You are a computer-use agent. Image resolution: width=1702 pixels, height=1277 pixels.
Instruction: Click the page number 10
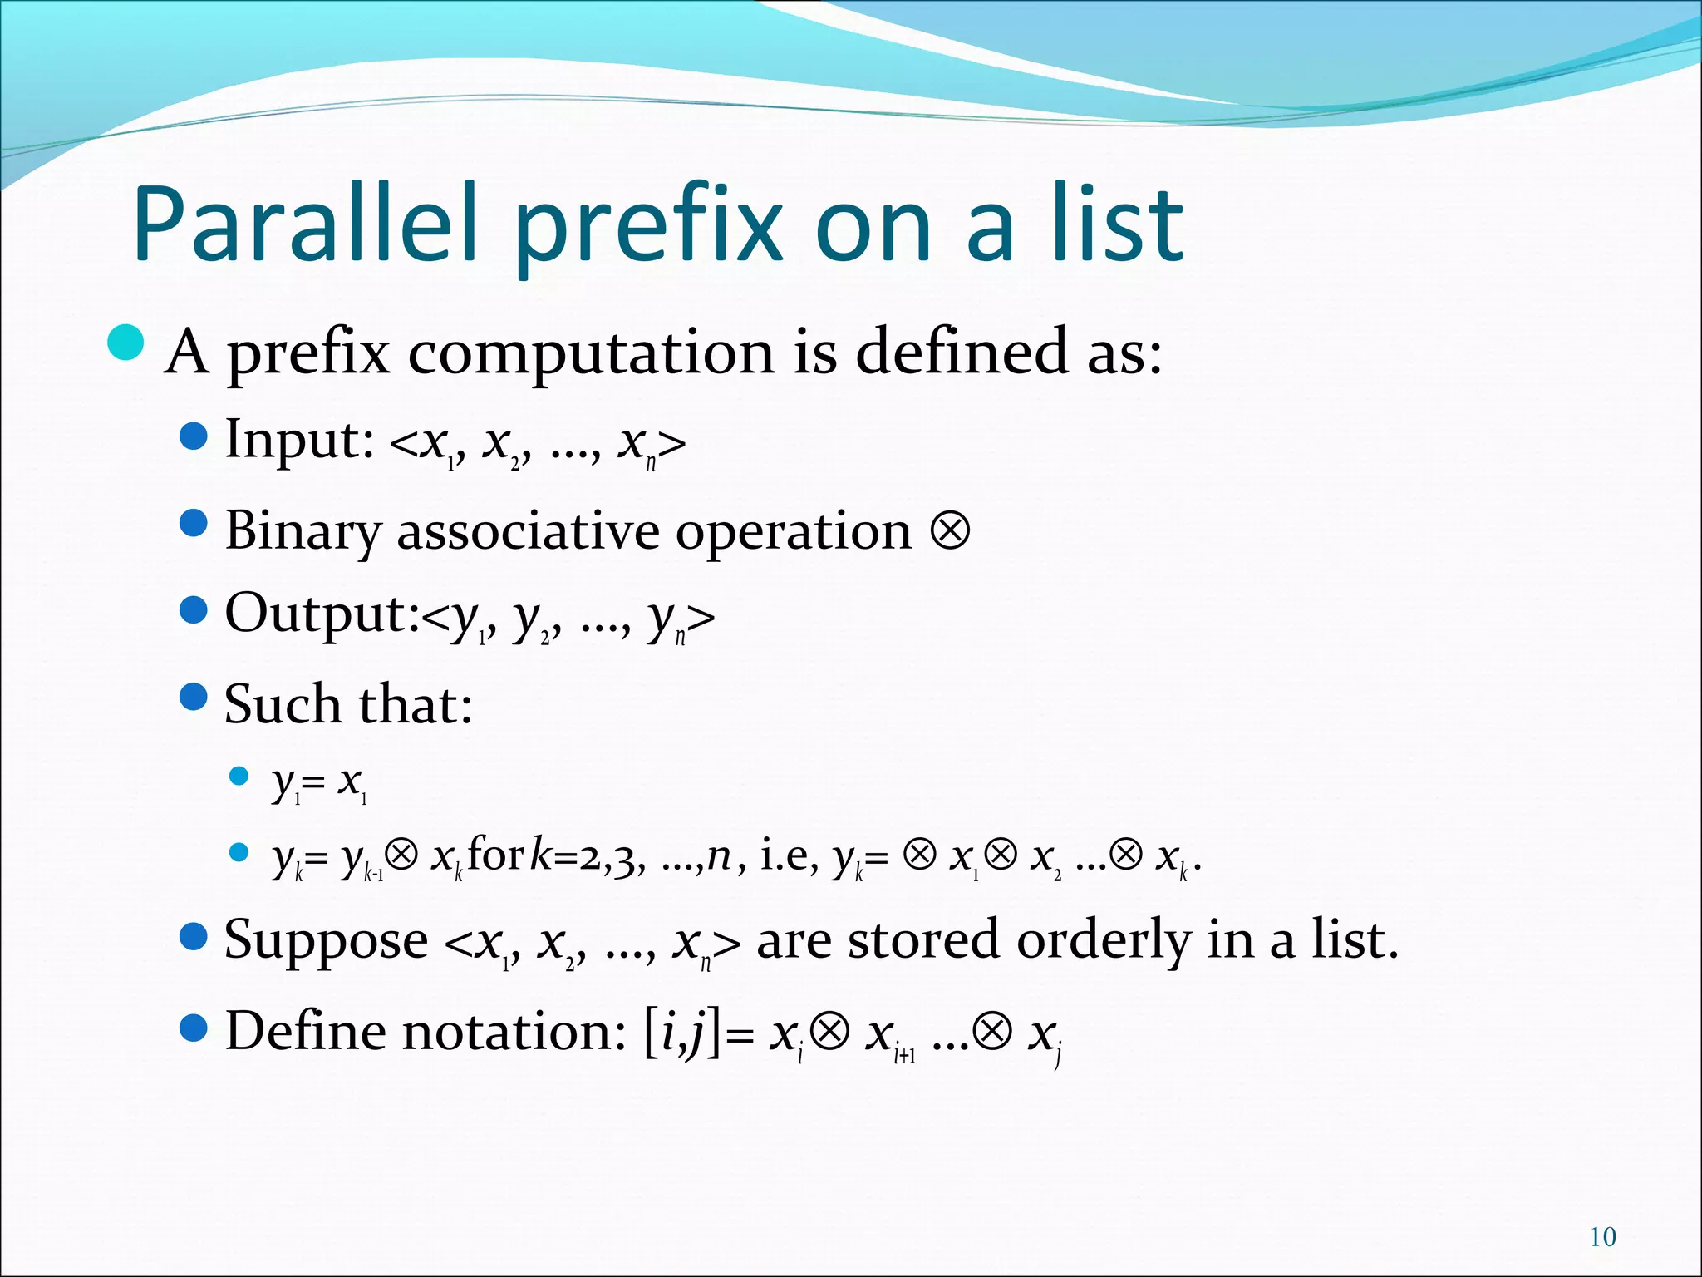(x=1602, y=1237)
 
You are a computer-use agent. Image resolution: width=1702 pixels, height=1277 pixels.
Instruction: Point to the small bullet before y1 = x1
(x=239, y=777)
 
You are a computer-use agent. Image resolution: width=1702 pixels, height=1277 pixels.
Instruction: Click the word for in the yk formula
(x=495, y=855)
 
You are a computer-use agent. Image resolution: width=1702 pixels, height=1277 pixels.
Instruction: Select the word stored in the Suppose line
(x=924, y=941)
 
